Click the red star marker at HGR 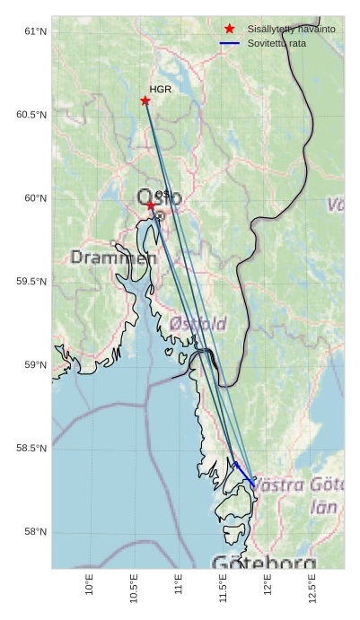point(145,100)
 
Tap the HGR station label point(161,90)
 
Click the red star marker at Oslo point(151,205)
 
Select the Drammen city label point(113,258)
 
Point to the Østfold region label point(198,322)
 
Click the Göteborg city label point(264,563)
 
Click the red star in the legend point(230,30)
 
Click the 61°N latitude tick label point(34,31)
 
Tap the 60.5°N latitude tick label point(31,115)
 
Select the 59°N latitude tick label point(34,365)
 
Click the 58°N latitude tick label point(34,532)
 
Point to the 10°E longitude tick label point(89,585)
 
